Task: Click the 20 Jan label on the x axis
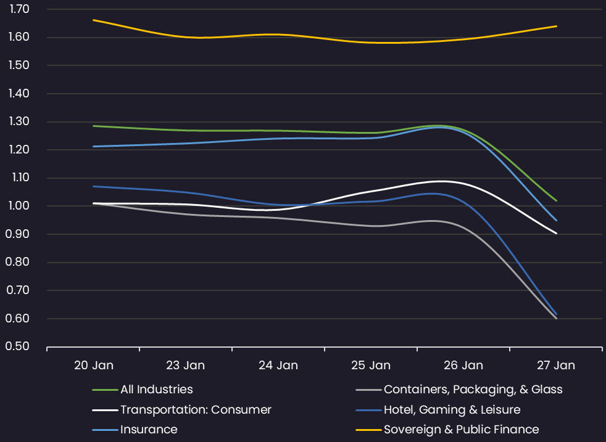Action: (x=93, y=365)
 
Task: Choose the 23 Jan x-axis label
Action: (x=186, y=365)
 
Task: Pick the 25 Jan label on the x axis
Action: (x=371, y=365)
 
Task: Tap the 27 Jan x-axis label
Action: (x=556, y=365)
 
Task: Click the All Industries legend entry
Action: (x=156, y=390)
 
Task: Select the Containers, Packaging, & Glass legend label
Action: (x=473, y=390)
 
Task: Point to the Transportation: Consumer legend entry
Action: (x=196, y=410)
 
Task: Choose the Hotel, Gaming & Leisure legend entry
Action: (x=452, y=410)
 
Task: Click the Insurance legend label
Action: (x=149, y=430)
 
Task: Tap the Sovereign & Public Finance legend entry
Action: (x=461, y=430)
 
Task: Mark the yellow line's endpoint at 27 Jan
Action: (x=557, y=26)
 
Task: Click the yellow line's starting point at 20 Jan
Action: (x=93, y=20)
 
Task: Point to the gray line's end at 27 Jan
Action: (x=557, y=318)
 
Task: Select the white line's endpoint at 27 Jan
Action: (x=557, y=234)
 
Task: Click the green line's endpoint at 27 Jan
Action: (x=557, y=200)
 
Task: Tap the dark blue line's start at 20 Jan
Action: (x=93, y=186)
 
